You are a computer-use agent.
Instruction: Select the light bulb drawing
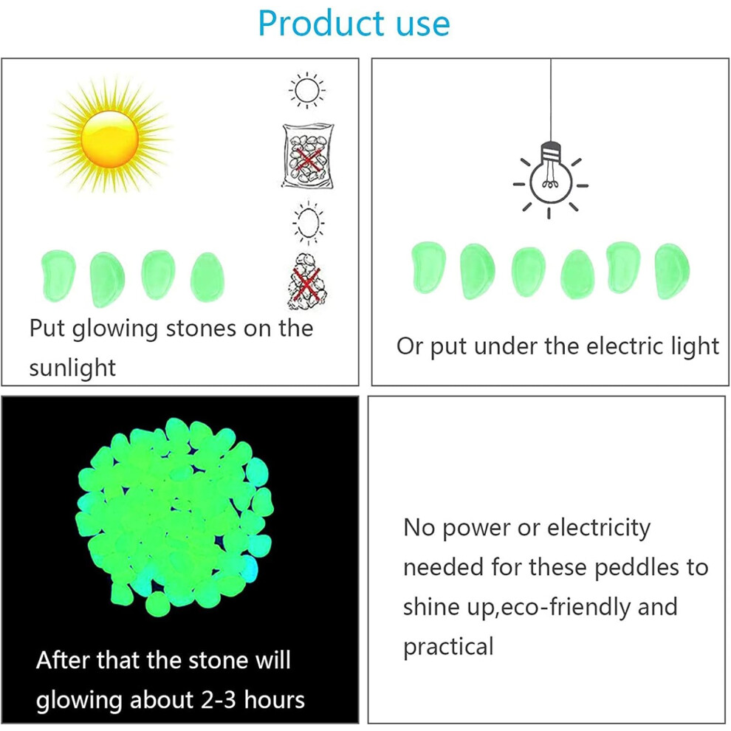coord(550,179)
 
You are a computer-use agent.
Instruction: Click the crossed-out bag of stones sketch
coord(308,156)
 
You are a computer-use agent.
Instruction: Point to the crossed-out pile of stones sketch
coord(306,281)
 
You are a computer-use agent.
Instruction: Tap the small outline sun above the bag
coord(306,90)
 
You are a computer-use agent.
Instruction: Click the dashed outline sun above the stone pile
coord(308,223)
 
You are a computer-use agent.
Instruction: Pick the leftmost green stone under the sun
coord(58,276)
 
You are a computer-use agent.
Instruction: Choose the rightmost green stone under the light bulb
coord(672,271)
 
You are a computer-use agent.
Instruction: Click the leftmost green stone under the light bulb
coord(428,267)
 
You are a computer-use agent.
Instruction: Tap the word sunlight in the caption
coord(72,368)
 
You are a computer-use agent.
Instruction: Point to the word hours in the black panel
coord(275,700)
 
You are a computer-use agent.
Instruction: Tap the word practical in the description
coord(448,647)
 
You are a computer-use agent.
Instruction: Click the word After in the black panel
coord(63,660)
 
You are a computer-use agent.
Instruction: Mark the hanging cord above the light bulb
coord(551,100)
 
